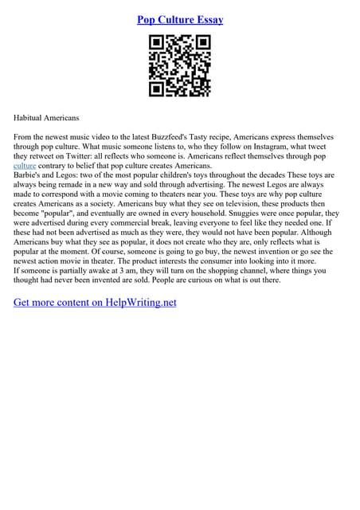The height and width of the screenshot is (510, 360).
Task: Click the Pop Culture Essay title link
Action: click(x=180, y=19)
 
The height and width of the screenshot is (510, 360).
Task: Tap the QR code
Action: click(x=179, y=67)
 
